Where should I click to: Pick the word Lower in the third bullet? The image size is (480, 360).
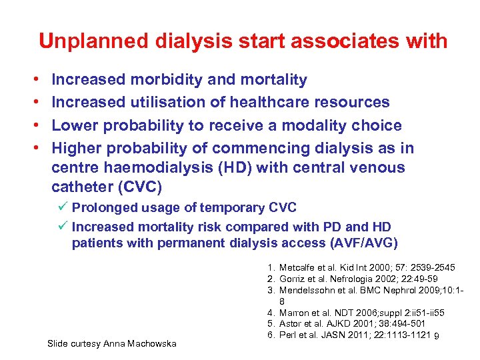[x=73, y=125]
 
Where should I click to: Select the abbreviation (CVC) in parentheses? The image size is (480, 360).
[x=141, y=187]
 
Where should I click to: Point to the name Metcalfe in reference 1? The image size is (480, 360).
[x=299, y=268]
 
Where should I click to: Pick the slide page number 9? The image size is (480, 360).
[x=435, y=335]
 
